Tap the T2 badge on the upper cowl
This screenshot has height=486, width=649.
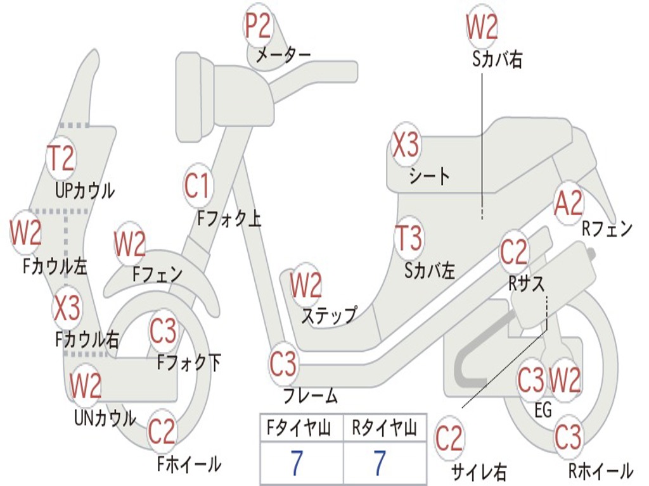62,158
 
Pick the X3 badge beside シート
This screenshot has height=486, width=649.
406,146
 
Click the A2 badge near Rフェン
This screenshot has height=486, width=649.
568,204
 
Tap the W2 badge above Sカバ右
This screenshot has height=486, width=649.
482,27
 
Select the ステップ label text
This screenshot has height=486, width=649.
328,315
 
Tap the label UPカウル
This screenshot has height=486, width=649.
85,190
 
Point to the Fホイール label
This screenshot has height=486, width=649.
189,464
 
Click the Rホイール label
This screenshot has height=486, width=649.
600,471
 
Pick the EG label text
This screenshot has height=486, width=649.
543,411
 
